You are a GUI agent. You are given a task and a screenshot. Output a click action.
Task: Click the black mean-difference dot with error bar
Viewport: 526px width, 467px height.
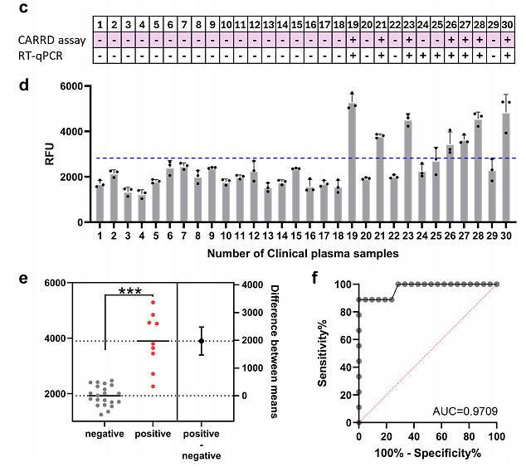201,341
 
